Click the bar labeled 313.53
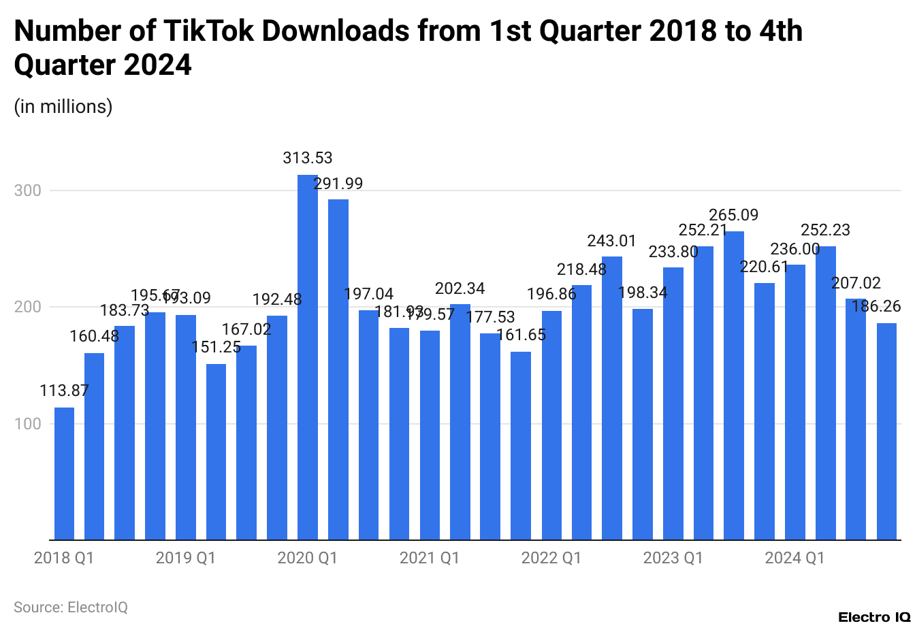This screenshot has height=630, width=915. (308, 357)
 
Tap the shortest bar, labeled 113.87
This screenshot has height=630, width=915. (64, 474)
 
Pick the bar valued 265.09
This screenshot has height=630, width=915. (734, 385)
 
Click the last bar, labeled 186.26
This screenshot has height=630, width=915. (886, 431)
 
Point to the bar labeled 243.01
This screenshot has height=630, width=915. (612, 398)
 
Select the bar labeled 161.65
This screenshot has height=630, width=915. (521, 446)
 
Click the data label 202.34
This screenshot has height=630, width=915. (460, 288)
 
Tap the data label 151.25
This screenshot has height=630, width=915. (216, 347)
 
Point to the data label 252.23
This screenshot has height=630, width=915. (825, 230)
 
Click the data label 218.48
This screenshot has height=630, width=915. (581, 269)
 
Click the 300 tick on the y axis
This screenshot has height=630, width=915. (28, 190)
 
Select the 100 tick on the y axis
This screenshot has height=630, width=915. (28, 424)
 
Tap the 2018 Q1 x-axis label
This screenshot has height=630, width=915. (64, 558)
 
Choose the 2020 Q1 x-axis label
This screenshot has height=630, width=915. (308, 558)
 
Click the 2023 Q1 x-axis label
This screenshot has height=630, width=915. (673, 558)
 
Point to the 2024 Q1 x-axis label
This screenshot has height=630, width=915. (794, 558)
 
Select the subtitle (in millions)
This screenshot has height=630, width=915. (63, 106)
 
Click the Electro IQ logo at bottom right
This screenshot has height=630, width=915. (873, 617)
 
